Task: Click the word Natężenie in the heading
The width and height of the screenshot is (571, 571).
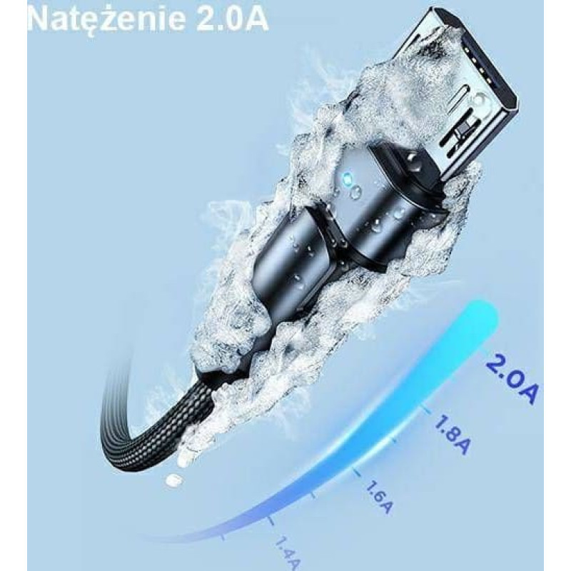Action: pos(106,19)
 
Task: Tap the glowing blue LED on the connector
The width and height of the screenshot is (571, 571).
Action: pos(348,178)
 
